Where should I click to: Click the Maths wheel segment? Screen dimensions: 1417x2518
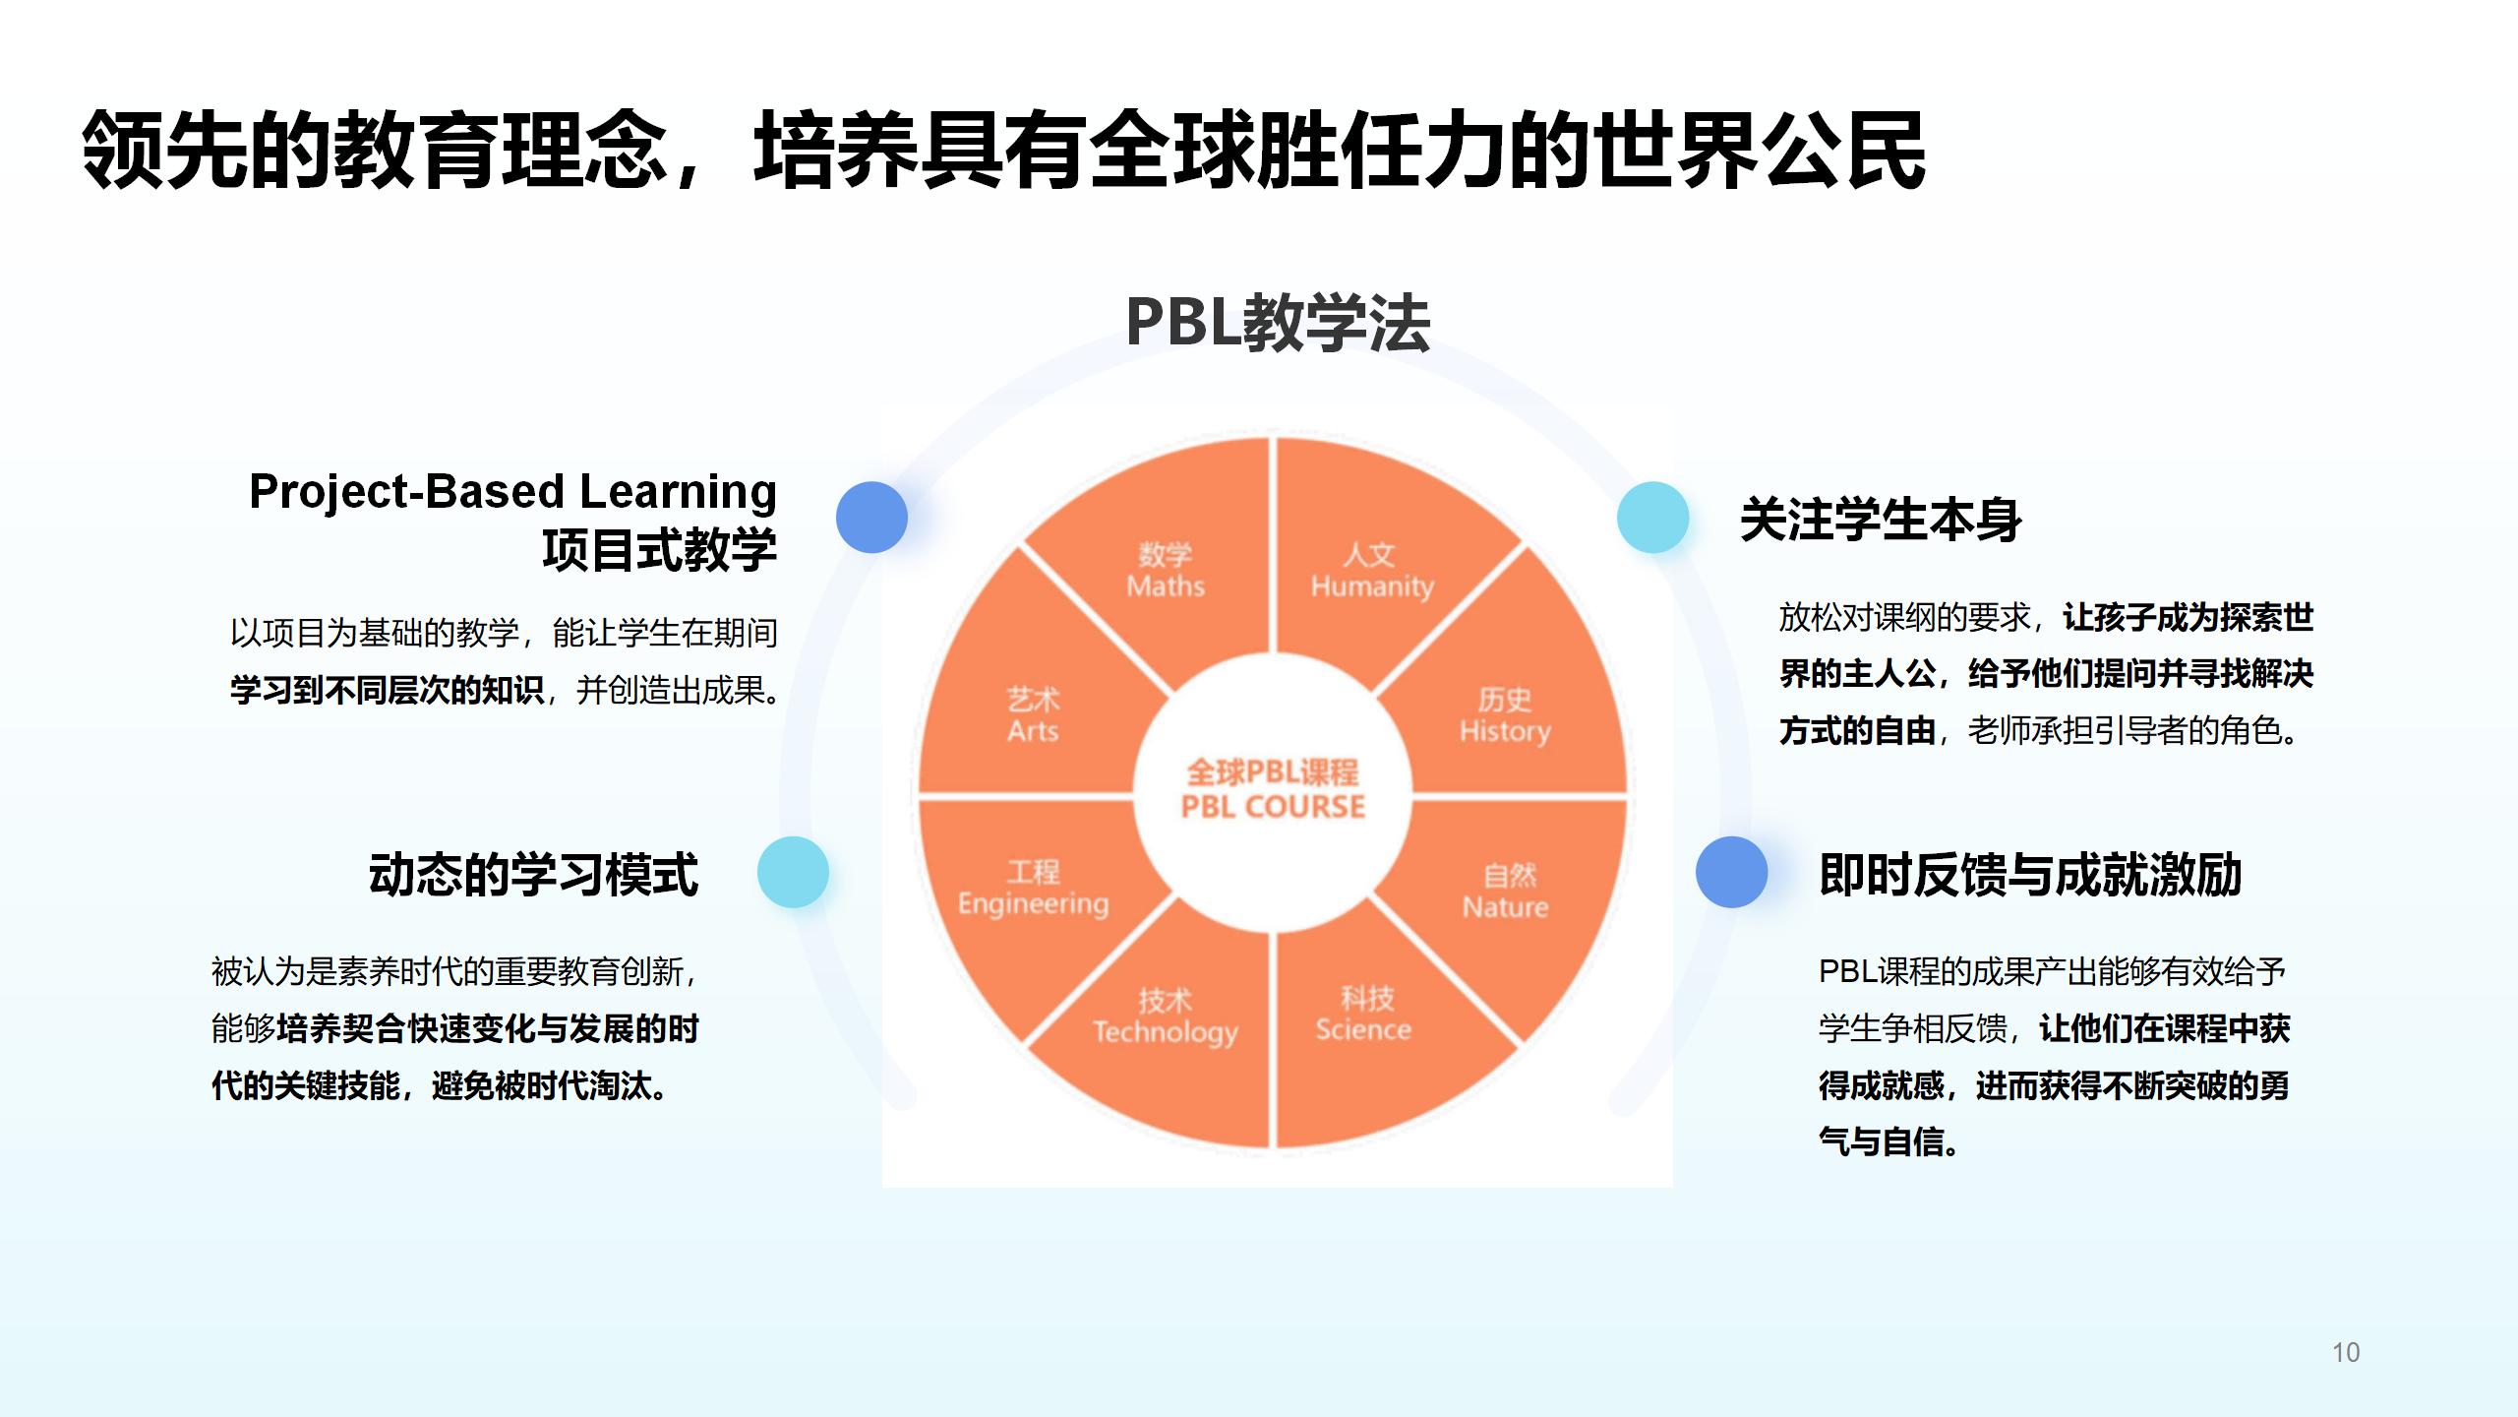(x=1166, y=571)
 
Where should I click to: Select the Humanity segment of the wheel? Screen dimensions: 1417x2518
(x=1372, y=571)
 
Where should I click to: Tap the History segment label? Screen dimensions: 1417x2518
(x=1505, y=715)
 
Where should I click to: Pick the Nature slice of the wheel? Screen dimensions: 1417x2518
(x=1506, y=892)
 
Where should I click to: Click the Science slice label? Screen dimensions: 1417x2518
(x=1364, y=1015)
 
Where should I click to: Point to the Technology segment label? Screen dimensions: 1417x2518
(x=1166, y=1017)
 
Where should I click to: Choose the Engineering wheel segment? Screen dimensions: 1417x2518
(x=1033, y=889)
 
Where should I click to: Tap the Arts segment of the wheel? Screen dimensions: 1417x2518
(x=1033, y=715)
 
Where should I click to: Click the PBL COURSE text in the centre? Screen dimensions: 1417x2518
(x=1273, y=807)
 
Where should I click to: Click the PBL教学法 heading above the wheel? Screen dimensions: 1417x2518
(x=1277, y=323)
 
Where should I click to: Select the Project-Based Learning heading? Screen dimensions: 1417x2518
(x=512, y=491)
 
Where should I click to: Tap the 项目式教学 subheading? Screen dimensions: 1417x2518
(x=659, y=549)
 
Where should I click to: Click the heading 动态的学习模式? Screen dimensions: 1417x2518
(x=533, y=874)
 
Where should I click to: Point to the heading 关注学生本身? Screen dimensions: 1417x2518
(x=1881, y=520)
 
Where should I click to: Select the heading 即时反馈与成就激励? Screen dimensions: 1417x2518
(x=2030, y=874)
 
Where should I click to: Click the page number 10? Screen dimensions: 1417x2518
(x=2346, y=1352)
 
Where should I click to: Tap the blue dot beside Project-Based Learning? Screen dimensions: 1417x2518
(x=871, y=517)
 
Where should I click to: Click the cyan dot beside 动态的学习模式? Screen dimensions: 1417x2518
(x=793, y=872)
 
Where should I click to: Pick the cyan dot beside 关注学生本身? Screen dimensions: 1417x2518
(x=1652, y=517)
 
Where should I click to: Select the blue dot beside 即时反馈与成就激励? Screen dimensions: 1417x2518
(x=1731, y=872)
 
